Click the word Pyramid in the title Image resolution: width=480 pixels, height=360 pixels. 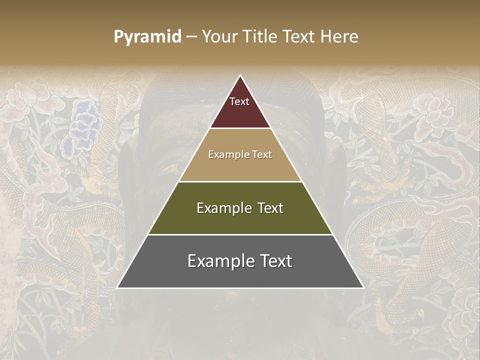tap(147, 37)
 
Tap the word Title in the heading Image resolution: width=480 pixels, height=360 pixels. tap(260, 37)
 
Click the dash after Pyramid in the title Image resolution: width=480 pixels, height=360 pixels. tap(191, 37)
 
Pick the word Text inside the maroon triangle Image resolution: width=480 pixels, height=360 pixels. tap(239, 101)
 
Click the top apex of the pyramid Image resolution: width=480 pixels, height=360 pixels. tap(240, 76)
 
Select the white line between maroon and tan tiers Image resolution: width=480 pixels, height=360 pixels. tap(240, 128)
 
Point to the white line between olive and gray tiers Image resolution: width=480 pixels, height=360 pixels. tap(240, 234)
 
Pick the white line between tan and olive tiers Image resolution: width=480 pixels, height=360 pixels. tap(240, 181)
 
